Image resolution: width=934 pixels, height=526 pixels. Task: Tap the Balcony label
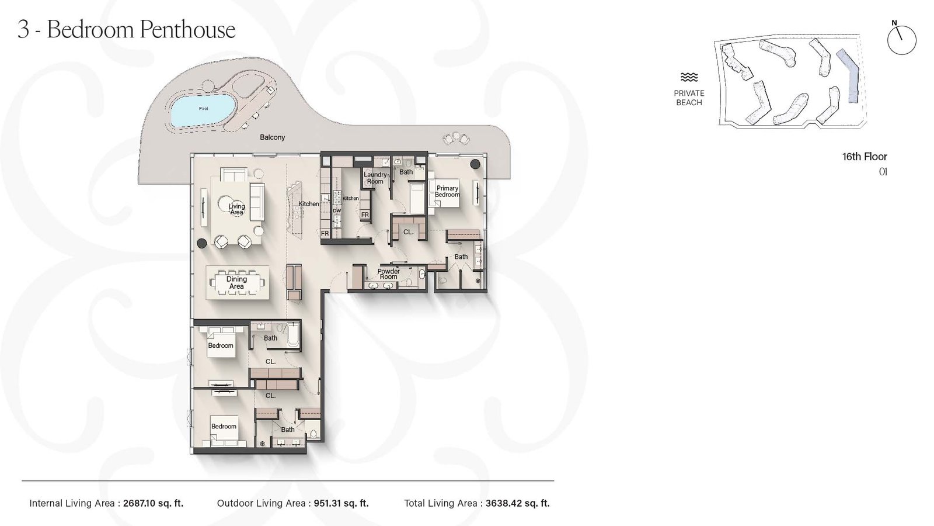pyautogui.click(x=272, y=137)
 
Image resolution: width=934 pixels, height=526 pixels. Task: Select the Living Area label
pyautogui.click(x=236, y=209)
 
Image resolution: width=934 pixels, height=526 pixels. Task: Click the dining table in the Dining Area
pyautogui.click(x=236, y=283)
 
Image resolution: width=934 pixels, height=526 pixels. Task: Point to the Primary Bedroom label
pyautogui.click(x=447, y=192)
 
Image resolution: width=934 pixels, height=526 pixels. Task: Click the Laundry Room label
pyautogui.click(x=375, y=178)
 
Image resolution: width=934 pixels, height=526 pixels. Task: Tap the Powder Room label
pyautogui.click(x=388, y=274)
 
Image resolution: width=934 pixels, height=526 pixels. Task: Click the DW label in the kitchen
pyautogui.click(x=337, y=210)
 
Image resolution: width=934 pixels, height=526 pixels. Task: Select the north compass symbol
pyautogui.click(x=901, y=40)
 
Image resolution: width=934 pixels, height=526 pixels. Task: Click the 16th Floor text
pyautogui.click(x=864, y=157)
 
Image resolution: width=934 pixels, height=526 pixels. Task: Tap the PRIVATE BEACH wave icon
pyautogui.click(x=689, y=77)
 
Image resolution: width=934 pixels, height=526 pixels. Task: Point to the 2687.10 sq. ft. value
pyautogui.click(x=153, y=503)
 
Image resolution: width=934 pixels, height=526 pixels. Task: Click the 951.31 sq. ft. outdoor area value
pyautogui.click(x=340, y=503)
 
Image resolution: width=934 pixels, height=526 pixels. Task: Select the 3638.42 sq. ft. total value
pyautogui.click(x=517, y=503)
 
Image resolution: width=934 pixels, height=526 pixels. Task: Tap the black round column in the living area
pyautogui.click(x=202, y=243)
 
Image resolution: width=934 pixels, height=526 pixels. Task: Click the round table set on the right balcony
pyautogui.click(x=456, y=139)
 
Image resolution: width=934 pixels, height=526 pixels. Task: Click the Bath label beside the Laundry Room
pyautogui.click(x=406, y=172)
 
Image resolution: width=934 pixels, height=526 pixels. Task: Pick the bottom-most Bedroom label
pyautogui.click(x=224, y=426)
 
